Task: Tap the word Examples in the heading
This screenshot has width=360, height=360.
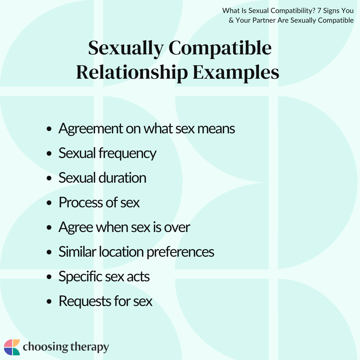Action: click(236, 73)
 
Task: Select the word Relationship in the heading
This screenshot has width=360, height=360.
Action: click(132, 73)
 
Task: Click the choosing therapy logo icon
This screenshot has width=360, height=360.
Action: click(12, 347)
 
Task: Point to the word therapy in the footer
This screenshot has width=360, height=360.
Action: click(89, 347)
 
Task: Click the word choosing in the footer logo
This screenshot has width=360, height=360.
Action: click(45, 347)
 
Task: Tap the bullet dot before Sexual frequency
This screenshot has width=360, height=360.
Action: click(49, 153)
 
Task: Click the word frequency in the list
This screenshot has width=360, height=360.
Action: click(127, 154)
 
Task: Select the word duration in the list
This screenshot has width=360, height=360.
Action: click(123, 178)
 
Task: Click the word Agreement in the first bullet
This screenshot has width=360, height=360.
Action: click(91, 129)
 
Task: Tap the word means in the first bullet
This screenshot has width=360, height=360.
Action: click(216, 129)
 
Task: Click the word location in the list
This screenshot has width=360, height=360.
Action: click(121, 252)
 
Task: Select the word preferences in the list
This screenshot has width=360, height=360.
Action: click(180, 252)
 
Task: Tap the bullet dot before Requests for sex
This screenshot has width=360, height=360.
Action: click(49, 301)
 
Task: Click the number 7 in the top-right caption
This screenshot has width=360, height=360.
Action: click(319, 11)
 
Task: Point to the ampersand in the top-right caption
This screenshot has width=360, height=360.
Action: click(231, 20)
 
